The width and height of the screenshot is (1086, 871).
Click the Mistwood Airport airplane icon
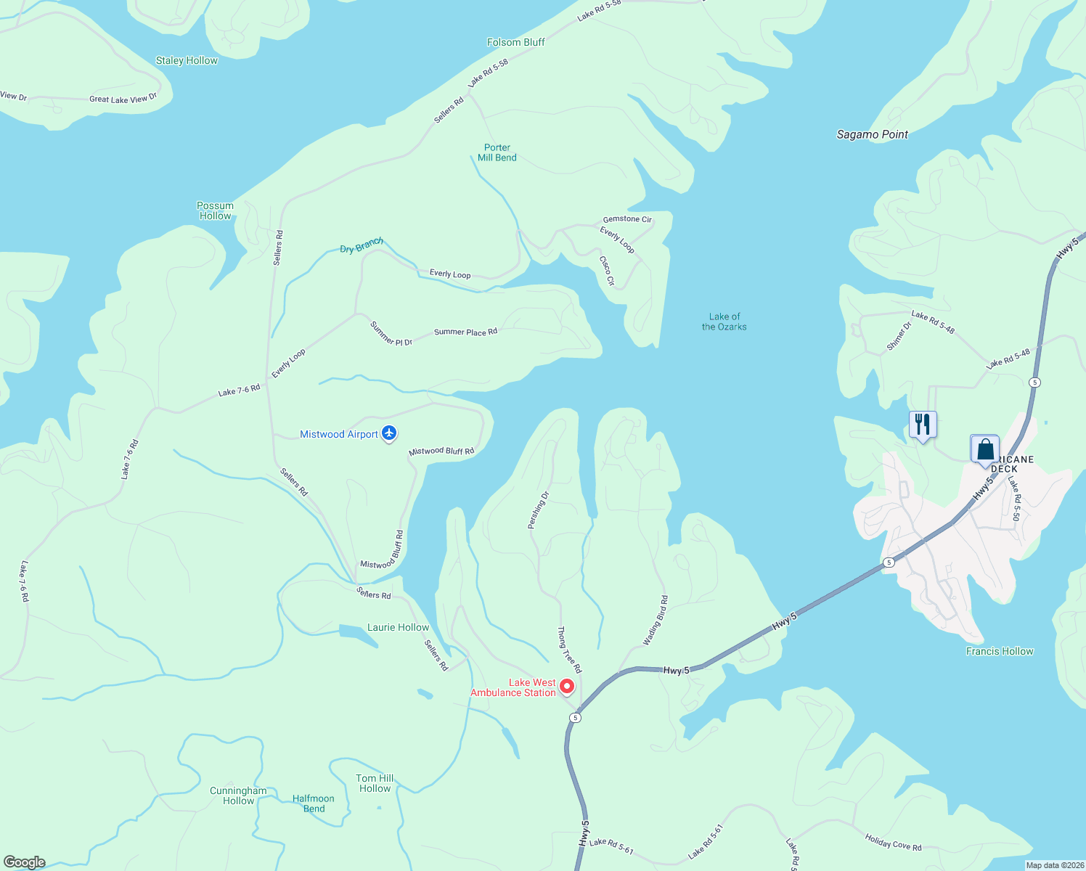click(x=389, y=433)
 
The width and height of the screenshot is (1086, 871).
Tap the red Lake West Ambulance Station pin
click(x=567, y=686)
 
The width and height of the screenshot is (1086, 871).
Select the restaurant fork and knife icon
click(x=923, y=424)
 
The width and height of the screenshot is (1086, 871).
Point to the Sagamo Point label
click(x=872, y=134)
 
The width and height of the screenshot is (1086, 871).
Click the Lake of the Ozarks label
click(x=724, y=322)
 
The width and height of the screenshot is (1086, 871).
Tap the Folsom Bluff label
click(x=515, y=42)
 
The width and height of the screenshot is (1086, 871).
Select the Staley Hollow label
click(x=187, y=60)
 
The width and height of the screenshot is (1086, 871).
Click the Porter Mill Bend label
click(x=497, y=152)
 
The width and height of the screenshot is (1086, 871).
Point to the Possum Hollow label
click(x=216, y=210)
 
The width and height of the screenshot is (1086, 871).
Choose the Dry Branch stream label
click(x=362, y=245)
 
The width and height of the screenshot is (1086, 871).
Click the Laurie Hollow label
click(x=398, y=627)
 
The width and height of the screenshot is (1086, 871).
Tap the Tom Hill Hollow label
click(x=375, y=783)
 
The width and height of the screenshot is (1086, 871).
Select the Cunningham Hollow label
click(x=238, y=796)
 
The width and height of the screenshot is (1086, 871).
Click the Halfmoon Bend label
click(x=314, y=803)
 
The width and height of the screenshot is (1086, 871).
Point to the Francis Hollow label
click(x=1000, y=651)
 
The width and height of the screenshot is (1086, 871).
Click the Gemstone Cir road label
click(x=627, y=219)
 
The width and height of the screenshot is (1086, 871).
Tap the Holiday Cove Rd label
click(x=893, y=842)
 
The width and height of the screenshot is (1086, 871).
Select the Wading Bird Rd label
click(x=656, y=621)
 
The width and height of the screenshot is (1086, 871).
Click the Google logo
click(x=25, y=862)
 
